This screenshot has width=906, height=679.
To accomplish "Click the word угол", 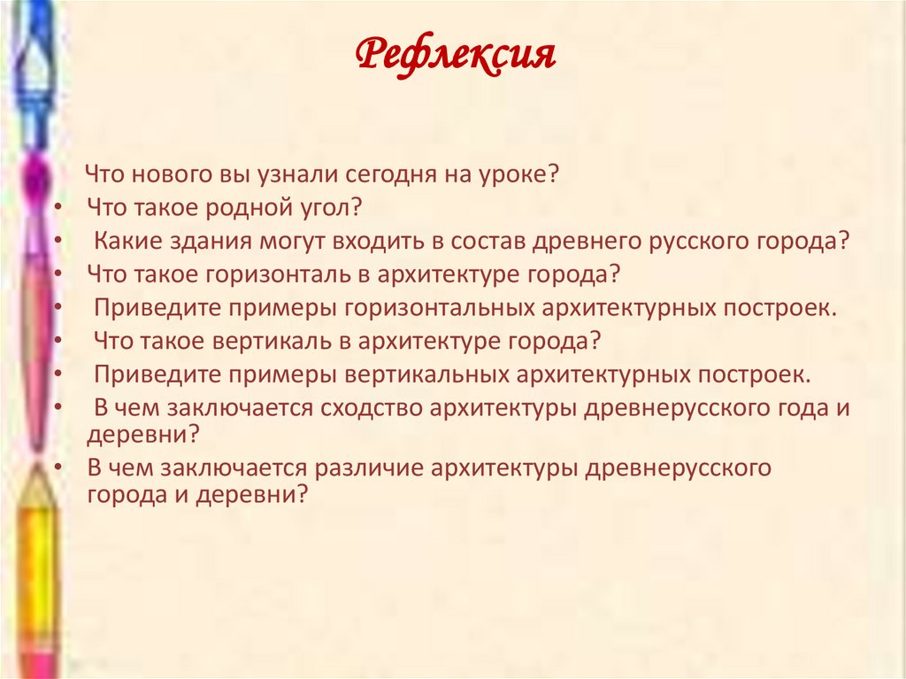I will point(327,208).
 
